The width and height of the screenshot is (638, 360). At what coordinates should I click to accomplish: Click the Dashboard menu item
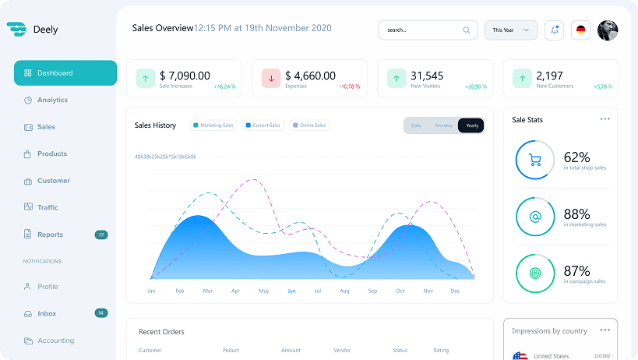click(x=65, y=73)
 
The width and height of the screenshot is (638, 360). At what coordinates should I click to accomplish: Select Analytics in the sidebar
click(x=52, y=100)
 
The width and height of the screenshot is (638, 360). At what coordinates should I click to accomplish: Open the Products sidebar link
click(x=52, y=154)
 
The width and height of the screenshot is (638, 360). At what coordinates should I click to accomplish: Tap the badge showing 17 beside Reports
click(x=101, y=235)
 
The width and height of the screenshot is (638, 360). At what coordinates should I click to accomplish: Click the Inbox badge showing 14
click(x=101, y=313)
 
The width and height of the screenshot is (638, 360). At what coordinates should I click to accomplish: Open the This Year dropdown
click(x=511, y=30)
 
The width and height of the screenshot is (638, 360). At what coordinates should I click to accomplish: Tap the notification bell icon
click(x=555, y=30)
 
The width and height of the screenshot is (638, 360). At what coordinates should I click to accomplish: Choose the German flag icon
click(x=580, y=30)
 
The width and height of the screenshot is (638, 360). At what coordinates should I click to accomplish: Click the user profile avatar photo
click(x=608, y=30)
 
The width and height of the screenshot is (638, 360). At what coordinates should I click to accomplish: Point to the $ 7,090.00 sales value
click(x=185, y=76)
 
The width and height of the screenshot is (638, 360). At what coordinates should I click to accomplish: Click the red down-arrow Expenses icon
click(x=271, y=78)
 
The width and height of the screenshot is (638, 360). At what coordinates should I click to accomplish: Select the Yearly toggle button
click(x=471, y=125)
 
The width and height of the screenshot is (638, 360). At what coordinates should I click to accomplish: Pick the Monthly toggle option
click(x=443, y=125)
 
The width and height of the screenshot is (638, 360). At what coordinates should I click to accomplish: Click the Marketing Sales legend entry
click(x=213, y=125)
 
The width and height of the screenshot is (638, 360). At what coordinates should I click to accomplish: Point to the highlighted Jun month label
click(x=291, y=291)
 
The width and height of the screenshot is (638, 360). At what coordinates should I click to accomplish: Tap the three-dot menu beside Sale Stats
click(x=605, y=119)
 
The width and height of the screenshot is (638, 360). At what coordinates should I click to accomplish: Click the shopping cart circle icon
click(x=535, y=161)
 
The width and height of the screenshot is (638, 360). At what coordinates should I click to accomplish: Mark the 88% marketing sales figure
click(x=576, y=214)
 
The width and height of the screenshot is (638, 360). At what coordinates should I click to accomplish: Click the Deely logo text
click(x=45, y=30)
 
